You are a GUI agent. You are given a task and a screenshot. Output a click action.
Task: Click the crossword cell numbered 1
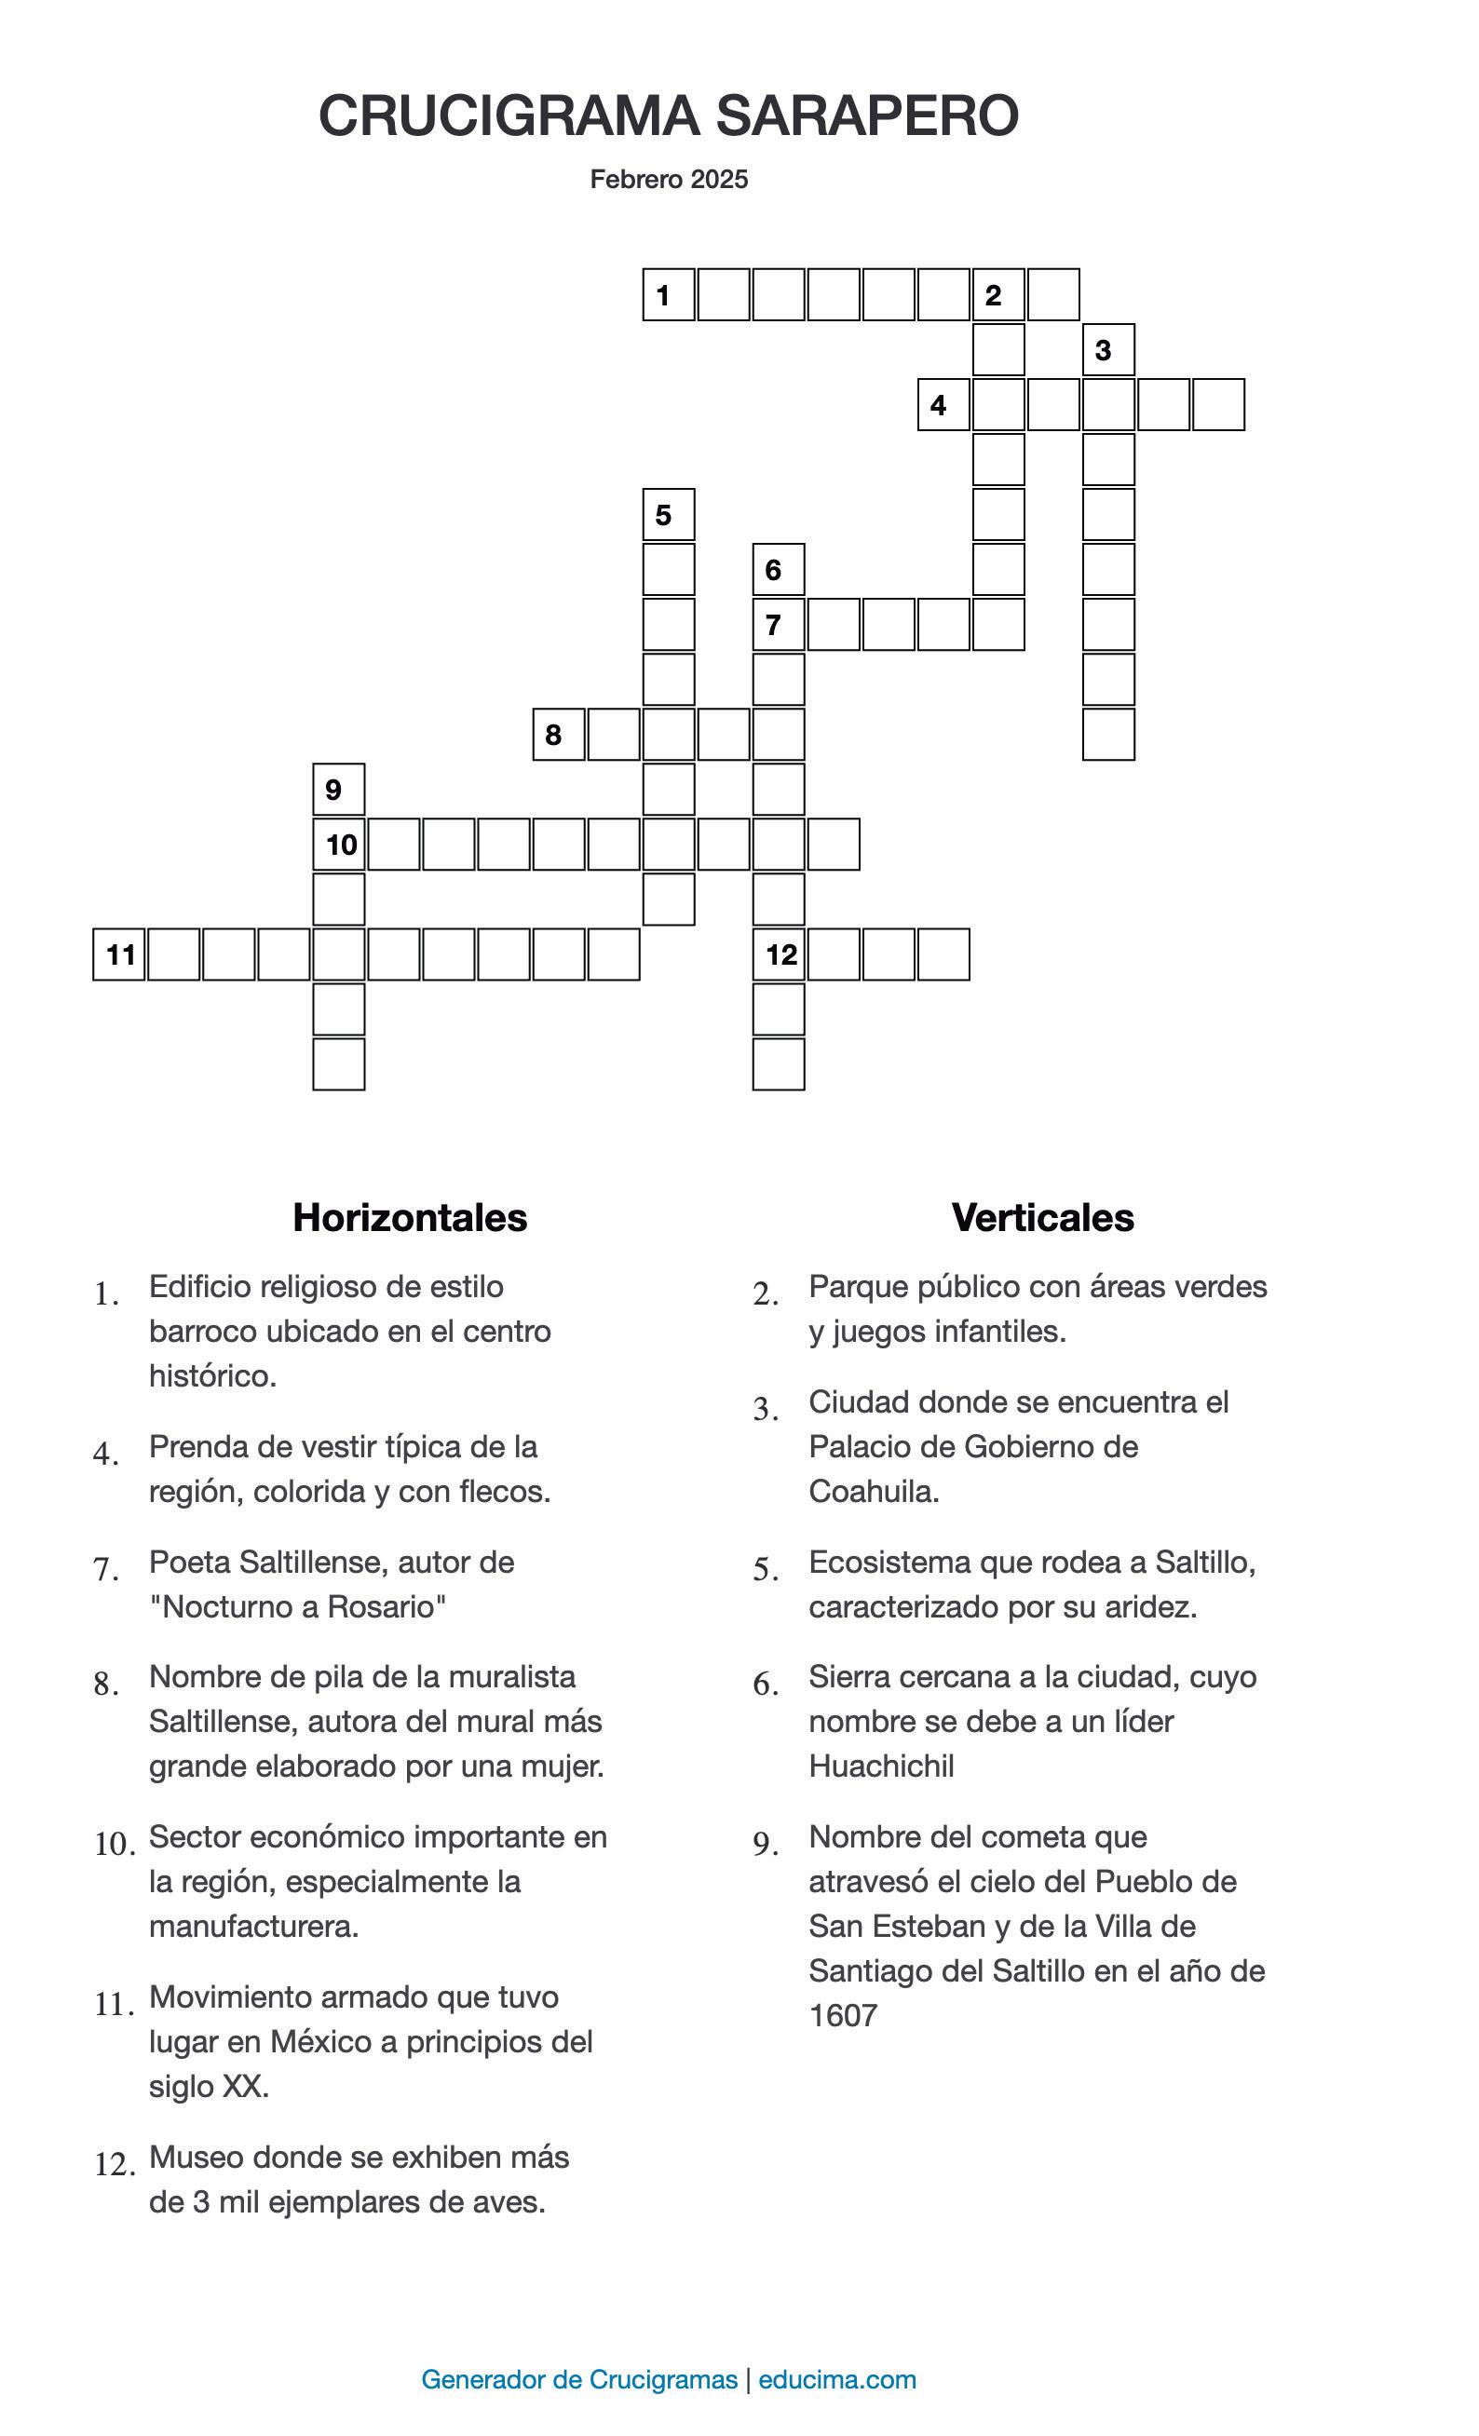click(x=669, y=294)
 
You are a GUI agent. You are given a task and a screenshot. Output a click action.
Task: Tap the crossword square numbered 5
click(x=669, y=514)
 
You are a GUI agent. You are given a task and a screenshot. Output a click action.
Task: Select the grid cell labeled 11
click(x=119, y=954)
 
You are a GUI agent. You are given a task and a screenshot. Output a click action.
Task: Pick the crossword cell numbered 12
click(x=779, y=954)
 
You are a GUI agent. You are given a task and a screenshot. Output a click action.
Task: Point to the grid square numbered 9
click(x=338, y=789)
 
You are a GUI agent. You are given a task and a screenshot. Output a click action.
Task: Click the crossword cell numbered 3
click(x=1108, y=349)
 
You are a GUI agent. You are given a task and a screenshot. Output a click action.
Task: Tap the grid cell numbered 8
click(x=559, y=735)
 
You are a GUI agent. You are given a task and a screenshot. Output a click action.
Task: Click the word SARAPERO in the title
click(x=867, y=115)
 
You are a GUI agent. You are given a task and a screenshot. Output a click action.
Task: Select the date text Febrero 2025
click(x=669, y=179)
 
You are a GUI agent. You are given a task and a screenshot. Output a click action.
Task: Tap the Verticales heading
click(x=1042, y=1217)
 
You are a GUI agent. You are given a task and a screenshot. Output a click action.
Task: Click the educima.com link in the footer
click(x=836, y=2377)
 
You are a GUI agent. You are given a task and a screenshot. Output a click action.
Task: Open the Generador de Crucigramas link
click(x=578, y=2377)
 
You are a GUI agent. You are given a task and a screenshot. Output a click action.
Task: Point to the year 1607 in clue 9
click(x=842, y=2015)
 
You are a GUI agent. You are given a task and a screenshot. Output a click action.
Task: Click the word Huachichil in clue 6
click(x=881, y=1766)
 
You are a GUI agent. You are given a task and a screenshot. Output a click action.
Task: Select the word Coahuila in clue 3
click(x=873, y=1491)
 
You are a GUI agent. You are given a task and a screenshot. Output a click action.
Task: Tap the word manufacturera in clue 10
click(x=252, y=1926)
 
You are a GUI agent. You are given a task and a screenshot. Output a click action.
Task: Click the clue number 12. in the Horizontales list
click(x=115, y=2165)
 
